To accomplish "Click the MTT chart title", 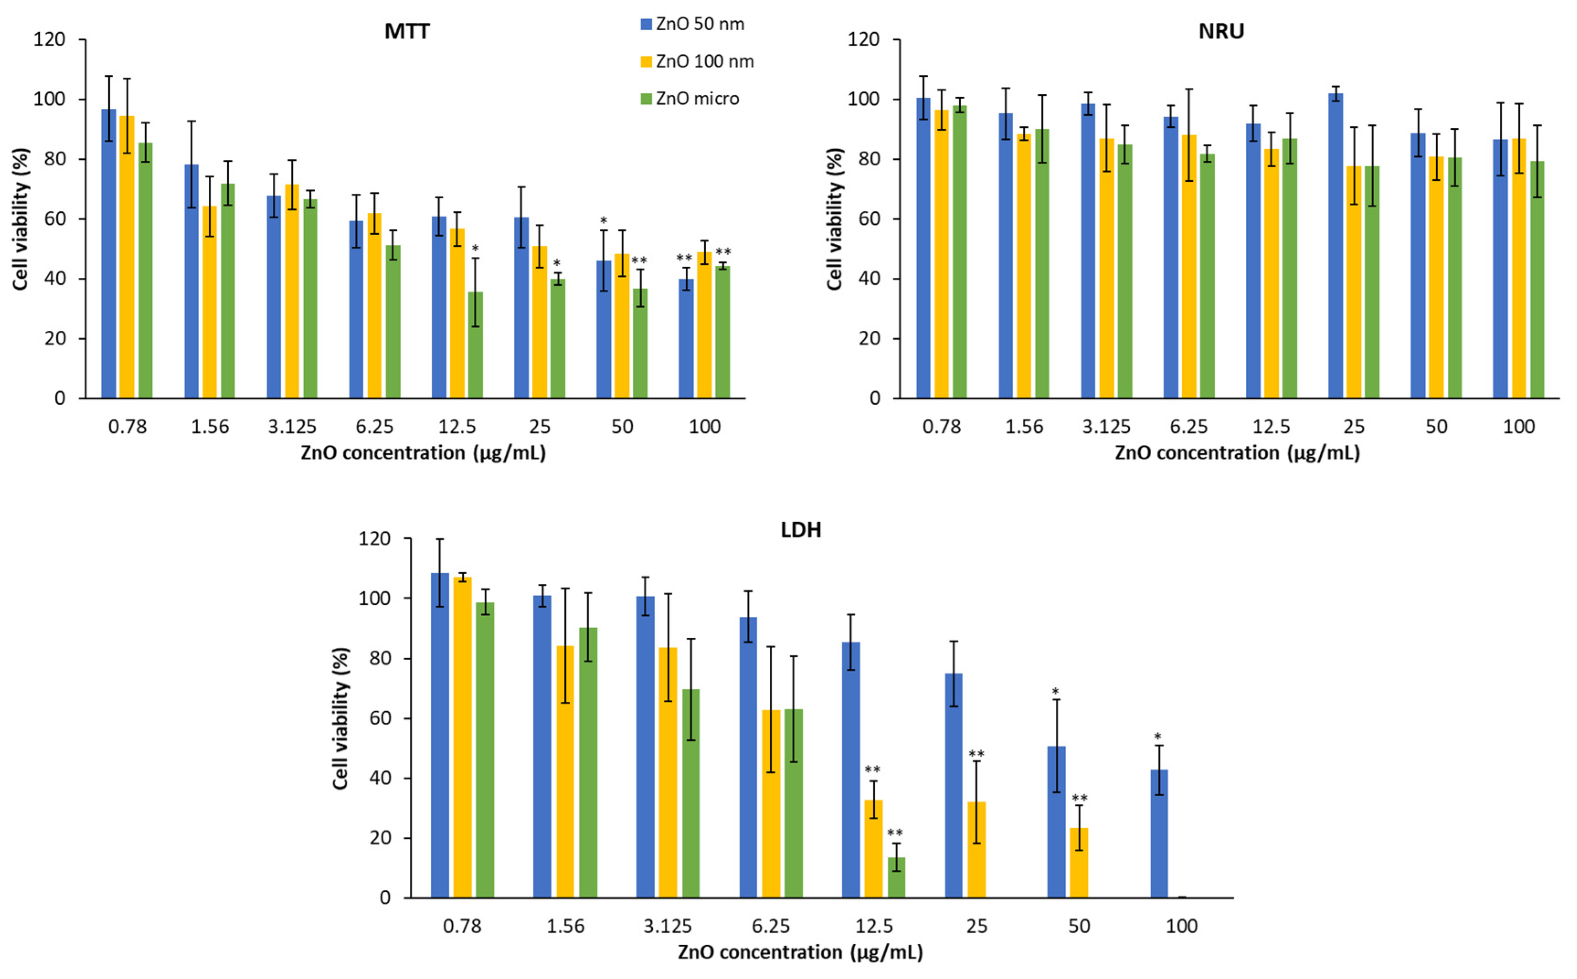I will click(407, 31).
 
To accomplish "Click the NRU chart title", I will click(1221, 31).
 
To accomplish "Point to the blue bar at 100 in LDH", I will click(1159, 835).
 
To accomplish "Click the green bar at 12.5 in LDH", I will click(896, 878).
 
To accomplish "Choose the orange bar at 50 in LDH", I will click(1079, 864).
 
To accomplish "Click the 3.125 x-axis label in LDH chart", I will click(667, 926).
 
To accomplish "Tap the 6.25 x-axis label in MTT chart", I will click(374, 427).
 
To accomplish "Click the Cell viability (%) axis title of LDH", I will click(341, 718).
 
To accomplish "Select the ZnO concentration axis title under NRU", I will click(1237, 453).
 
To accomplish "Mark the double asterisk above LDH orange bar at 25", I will click(976, 754).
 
